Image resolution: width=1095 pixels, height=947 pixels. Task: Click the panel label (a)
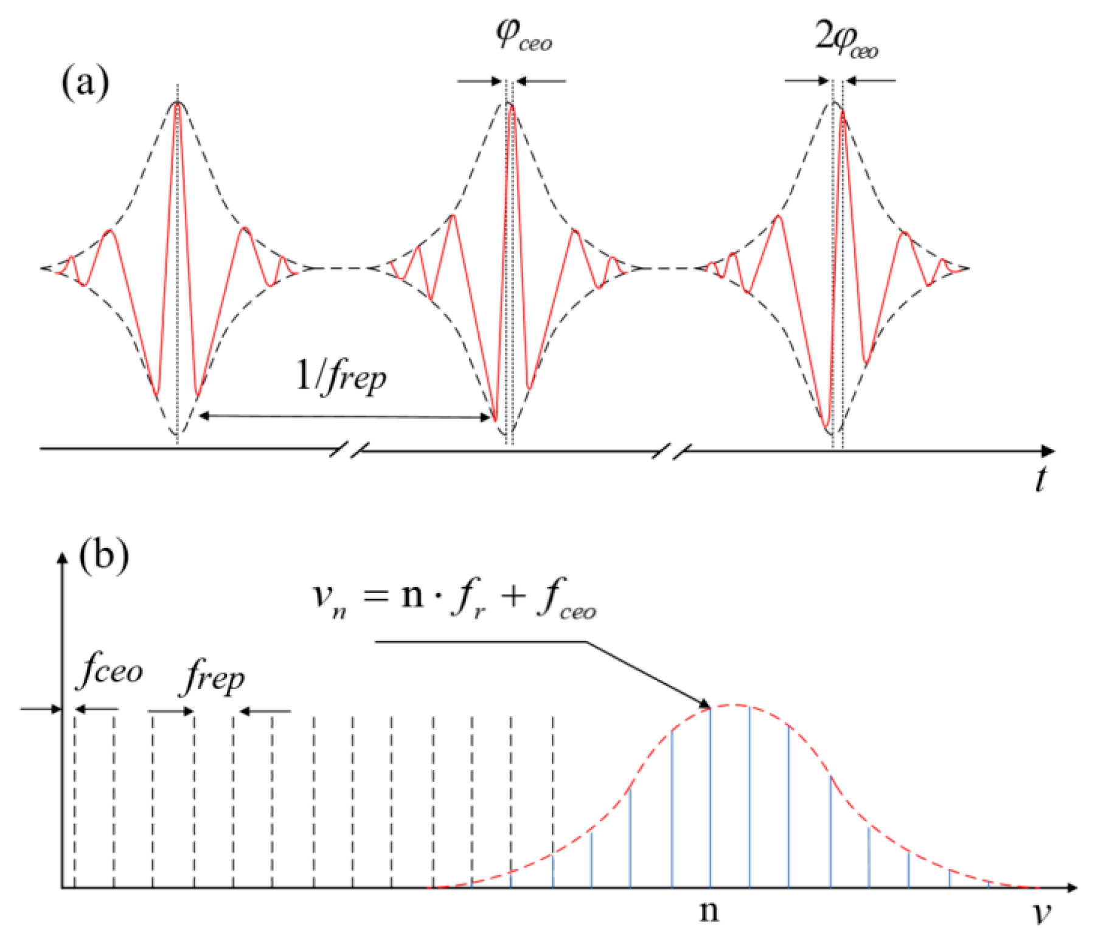(x=85, y=83)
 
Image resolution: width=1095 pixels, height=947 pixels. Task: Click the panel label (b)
(x=104, y=555)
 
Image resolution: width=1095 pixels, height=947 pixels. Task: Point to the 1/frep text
(x=341, y=376)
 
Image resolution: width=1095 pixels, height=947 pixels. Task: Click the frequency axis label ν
(x=1042, y=913)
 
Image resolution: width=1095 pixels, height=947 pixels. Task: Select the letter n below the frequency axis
(x=709, y=911)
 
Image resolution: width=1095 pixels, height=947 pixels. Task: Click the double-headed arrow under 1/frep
(x=345, y=417)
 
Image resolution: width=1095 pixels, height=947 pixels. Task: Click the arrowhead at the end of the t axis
(x=1048, y=451)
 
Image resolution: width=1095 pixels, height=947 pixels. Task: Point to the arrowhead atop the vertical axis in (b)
(x=62, y=558)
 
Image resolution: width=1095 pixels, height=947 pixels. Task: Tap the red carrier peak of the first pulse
(x=178, y=107)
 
